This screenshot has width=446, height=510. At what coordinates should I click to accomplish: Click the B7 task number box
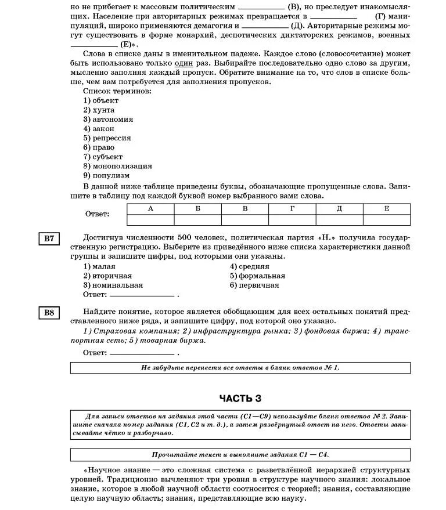49,238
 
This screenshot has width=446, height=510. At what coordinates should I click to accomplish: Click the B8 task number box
49,313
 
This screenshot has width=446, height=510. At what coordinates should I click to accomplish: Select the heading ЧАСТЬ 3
240,398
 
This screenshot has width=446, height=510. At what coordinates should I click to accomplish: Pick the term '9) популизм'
106,175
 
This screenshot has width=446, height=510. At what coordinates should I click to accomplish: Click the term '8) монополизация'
117,166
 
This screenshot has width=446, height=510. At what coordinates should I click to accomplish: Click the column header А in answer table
150,209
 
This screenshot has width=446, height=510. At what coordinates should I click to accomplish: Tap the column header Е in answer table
386,209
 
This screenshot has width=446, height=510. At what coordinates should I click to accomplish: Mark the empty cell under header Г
292,220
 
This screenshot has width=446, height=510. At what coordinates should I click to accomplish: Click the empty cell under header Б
197,220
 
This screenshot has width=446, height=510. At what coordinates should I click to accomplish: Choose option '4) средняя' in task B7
249,266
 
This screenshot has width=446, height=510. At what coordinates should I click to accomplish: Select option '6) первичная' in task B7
254,285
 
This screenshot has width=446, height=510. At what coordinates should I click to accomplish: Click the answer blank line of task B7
142,295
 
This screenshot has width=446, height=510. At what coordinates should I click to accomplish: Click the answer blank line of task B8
142,353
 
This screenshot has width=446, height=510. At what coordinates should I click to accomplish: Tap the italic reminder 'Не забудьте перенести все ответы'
240,368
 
